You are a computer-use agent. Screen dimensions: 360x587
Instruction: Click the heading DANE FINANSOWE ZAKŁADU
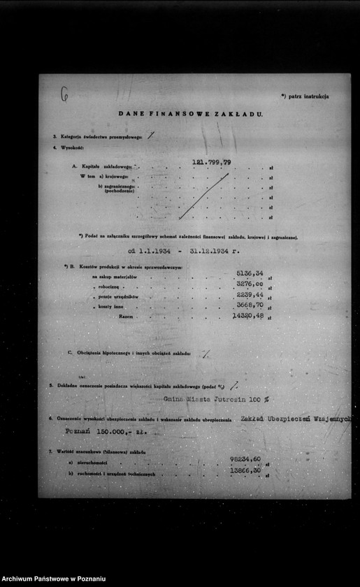click(190, 113)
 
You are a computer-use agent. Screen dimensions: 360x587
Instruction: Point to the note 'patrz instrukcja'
click(305, 96)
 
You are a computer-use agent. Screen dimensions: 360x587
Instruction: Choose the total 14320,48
click(247, 316)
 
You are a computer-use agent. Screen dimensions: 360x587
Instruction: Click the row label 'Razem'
click(126, 317)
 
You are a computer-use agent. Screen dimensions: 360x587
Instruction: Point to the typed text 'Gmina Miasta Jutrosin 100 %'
click(215, 399)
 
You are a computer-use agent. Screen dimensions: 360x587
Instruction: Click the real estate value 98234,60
click(245, 459)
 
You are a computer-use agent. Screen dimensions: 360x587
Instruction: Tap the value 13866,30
click(245, 472)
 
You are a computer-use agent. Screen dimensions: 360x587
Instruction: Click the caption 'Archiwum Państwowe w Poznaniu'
click(55, 579)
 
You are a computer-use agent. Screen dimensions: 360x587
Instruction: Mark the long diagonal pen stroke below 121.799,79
click(203, 196)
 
